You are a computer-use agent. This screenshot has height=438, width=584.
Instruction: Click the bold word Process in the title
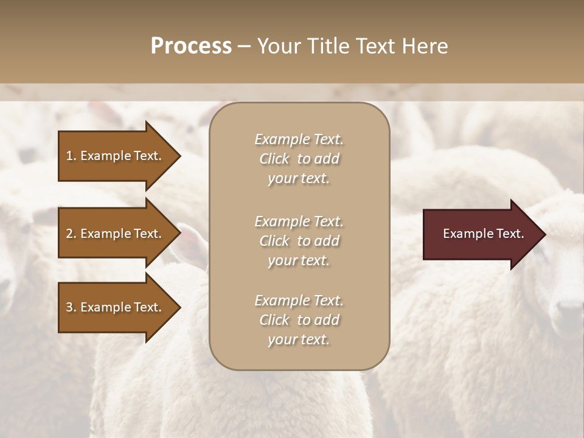tap(191, 46)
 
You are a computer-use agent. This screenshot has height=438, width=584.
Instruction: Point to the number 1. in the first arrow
tap(71, 156)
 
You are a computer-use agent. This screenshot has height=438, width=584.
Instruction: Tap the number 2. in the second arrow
tap(71, 234)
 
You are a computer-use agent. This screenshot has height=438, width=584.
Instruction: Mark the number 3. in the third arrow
tap(71, 307)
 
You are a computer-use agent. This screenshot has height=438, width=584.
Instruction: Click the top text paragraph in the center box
tap(299, 159)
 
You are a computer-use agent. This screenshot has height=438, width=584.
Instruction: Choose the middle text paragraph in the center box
tap(299, 241)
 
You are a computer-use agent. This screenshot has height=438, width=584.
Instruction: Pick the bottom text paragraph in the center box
tap(299, 320)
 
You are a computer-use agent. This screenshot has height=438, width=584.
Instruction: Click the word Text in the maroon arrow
tap(510, 234)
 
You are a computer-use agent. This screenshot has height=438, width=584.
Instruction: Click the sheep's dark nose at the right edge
tap(570, 316)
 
